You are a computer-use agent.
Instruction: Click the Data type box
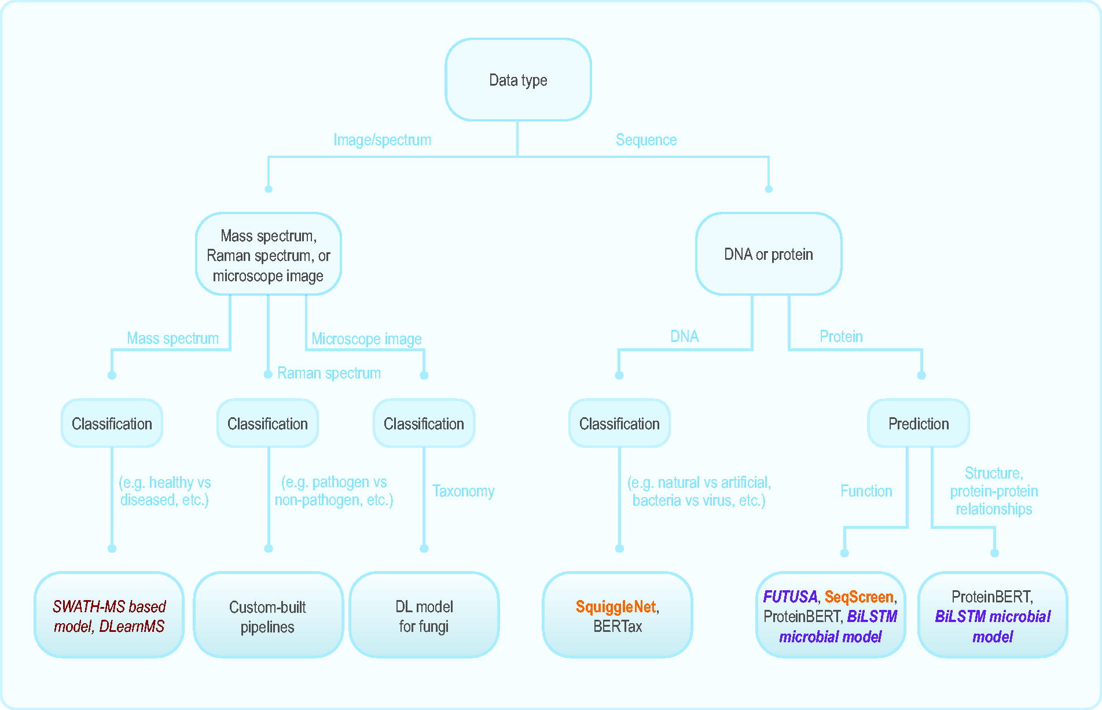[518, 80]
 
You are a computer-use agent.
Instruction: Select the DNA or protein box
[769, 254]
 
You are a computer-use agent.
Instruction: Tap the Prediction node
[919, 424]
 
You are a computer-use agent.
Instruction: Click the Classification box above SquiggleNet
[619, 424]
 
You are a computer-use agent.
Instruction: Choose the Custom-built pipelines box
[268, 615]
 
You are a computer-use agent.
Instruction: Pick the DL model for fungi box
[424, 615]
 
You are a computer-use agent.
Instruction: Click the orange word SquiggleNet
[616, 606]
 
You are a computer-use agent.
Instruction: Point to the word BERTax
[618, 626]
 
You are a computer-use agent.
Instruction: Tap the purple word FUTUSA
[790, 597]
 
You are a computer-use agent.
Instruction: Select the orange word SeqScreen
[859, 597]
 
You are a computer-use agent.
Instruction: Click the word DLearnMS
[132, 626]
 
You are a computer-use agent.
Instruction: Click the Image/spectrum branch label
[382, 140]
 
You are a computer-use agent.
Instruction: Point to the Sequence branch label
[646, 140]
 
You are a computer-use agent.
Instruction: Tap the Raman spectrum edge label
[329, 373]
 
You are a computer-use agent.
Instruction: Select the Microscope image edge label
[366, 339]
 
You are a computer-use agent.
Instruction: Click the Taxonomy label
[463, 491]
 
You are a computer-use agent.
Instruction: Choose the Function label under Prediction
[866, 491]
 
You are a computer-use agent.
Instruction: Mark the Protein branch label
[841, 337]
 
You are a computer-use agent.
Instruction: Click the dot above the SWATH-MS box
[112, 549]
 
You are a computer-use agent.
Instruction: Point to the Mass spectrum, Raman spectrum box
[268, 254]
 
